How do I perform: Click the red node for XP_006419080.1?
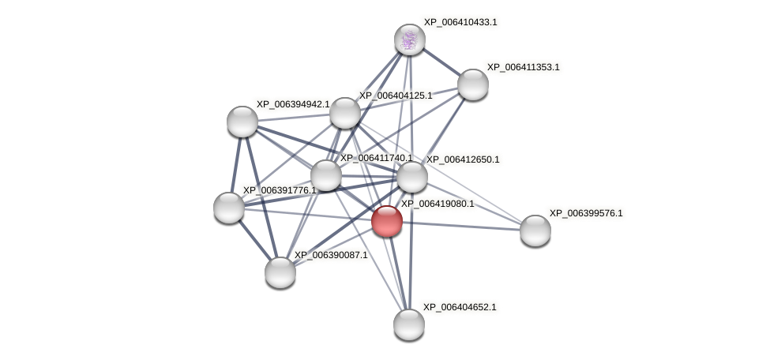point(387,221)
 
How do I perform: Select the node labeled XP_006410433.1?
point(409,39)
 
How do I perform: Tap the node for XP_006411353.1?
point(472,84)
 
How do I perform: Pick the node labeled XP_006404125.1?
point(344,113)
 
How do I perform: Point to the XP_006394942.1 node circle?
point(242,122)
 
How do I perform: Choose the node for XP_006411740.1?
point(325,175)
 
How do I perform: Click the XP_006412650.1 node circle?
point(411,177)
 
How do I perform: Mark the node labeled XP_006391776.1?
point(229,208)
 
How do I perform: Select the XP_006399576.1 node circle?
point(535,231)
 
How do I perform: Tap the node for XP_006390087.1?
point(280,272)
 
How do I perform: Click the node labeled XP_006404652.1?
point(408,324)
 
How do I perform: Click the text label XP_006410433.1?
point(460,22)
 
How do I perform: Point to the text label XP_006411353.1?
point(523,67)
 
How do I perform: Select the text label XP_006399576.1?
point(586,213)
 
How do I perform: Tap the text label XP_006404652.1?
point(460,307)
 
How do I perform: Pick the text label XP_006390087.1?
point(331,255)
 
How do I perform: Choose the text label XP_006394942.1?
point(293,104)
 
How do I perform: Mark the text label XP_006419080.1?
point(438,204)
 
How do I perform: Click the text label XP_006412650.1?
point(463,159)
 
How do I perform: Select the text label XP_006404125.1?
point(396,96)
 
